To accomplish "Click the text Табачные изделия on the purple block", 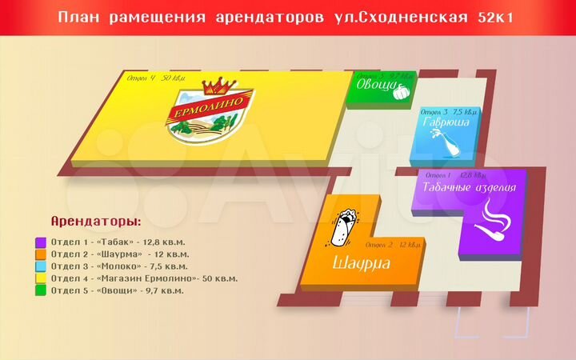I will click(469, 188).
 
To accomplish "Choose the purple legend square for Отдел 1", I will click(40, 242).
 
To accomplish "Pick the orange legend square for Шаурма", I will click(40, 254).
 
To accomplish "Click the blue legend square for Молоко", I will click(40, 266).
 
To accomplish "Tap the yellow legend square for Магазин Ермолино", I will click(40, 278).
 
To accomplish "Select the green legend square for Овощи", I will click(40, 290).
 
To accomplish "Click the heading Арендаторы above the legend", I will click(95, 221).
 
